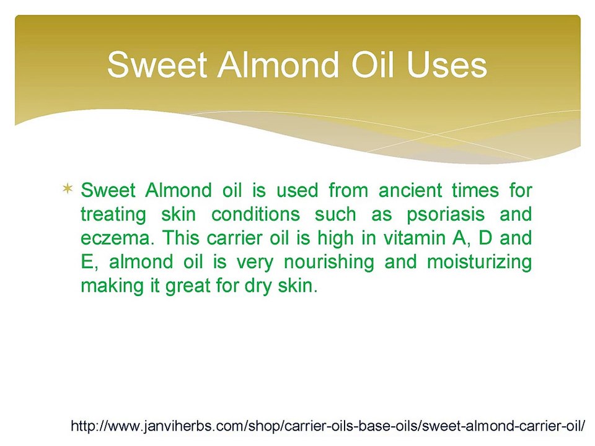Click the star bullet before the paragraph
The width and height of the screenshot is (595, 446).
(67, 188)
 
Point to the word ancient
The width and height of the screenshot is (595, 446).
(410, 190)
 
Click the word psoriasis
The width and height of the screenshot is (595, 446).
(446, 215)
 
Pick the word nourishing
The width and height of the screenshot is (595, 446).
(329, 262)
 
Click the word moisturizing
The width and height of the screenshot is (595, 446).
(479, 262)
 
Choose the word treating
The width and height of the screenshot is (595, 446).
(113, 215)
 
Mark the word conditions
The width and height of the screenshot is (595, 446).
(256, 214)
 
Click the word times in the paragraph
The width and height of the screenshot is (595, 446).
(475, 190)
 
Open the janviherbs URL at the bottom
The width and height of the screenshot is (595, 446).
(328, 426)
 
